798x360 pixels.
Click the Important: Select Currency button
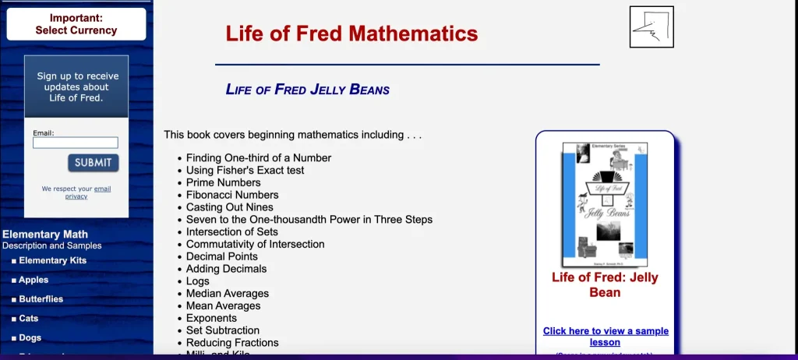point(76,24)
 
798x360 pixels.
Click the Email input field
point(76,143)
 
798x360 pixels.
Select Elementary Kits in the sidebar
point(52,261)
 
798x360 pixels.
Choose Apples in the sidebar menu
point(34,280)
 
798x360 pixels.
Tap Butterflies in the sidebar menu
point(41,299)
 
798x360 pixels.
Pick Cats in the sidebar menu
point(28,319)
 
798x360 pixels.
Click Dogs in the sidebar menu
point(30,338)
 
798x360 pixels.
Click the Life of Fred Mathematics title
point(351,34)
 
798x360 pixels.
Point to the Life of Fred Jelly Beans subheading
point(307,89)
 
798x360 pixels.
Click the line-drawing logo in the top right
point(651,27)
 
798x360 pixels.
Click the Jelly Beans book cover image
point(605,204)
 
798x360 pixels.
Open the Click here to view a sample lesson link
point(606,337)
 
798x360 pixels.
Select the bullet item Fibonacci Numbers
point(231,195)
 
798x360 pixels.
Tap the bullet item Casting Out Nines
point(229,207)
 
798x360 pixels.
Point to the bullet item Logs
point(197,281)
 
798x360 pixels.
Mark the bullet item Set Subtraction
point(223,330)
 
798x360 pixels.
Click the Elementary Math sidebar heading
point(45,234)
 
